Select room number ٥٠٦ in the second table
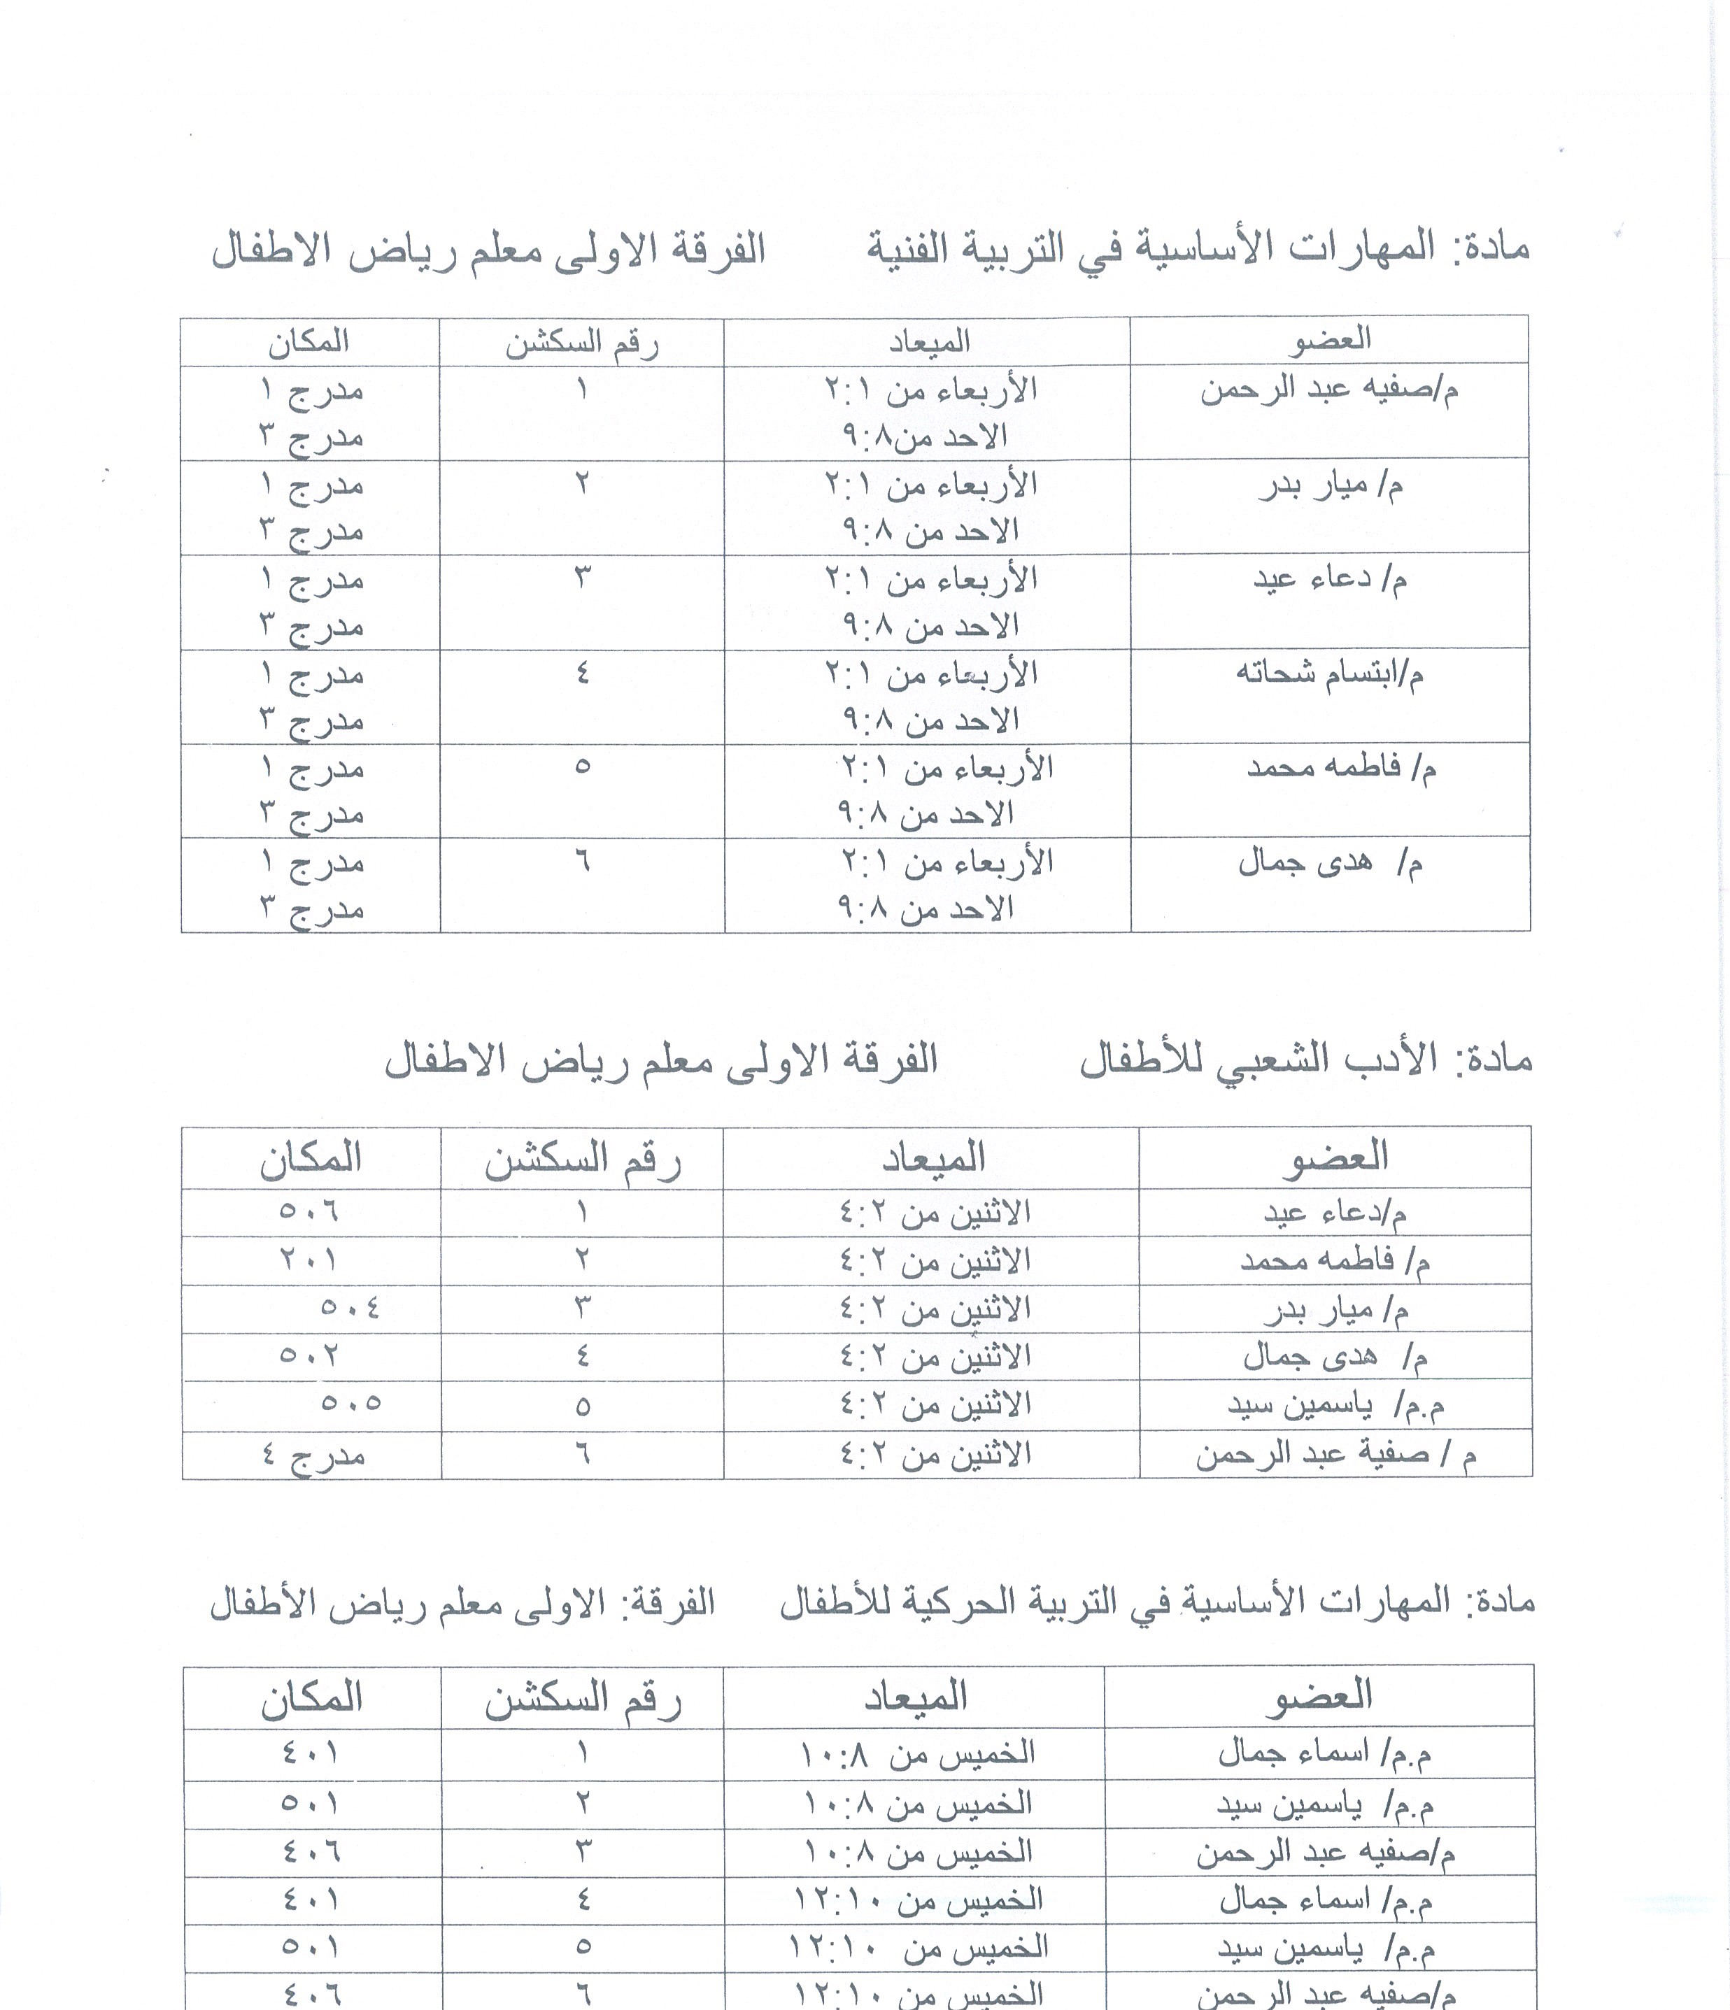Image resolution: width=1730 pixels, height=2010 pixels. click(x=309, y=1211)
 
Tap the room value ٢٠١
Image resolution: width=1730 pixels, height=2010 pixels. click(x=309, y=1259)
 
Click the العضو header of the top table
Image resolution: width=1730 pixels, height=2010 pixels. click(x=1329, y=339)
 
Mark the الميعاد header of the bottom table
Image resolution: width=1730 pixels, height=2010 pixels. click(x=916, y=1696)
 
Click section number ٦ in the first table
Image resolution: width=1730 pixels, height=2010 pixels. click(x=582, y=860)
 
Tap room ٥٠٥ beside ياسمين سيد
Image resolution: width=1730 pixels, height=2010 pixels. click(x=350, y=1404)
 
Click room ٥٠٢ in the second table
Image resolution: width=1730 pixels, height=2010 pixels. click(x=309, y=1355)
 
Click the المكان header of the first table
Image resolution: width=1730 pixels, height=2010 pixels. click(x=309, y=341)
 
